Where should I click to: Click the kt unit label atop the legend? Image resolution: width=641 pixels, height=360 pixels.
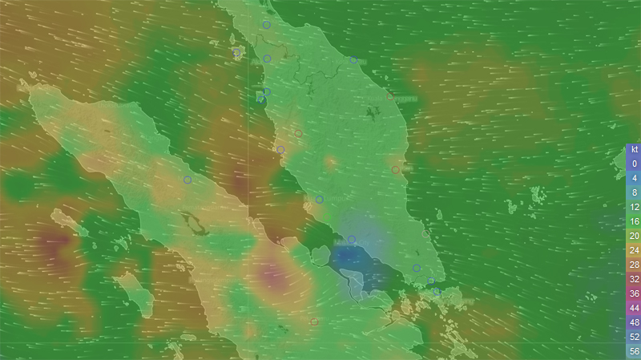(x=634, y=149)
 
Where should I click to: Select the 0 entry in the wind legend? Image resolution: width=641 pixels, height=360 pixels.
(x=634, y=164)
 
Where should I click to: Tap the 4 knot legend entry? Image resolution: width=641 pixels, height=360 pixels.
(x=634, y=178)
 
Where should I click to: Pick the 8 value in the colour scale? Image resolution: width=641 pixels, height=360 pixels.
(x=634, y=192)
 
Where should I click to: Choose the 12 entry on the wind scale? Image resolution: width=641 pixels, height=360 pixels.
(x=634, y=207)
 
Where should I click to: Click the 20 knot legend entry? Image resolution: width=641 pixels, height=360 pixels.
(x=634, y=236)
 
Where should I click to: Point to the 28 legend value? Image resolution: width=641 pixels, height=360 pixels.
(x=634, y=265)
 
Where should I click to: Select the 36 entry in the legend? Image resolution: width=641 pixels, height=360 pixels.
(x=634, y=293)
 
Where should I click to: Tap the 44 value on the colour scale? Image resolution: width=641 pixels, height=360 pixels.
(x=634, y=308)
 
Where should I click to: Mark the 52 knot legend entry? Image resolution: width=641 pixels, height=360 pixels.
(x=634, y=337)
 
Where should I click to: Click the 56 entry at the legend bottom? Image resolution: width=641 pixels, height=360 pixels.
(x=634, y=351)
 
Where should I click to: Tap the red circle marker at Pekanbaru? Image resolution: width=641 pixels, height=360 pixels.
(x=314, y=322)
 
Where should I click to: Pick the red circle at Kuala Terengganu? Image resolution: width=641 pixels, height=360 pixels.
(x=390, y=97)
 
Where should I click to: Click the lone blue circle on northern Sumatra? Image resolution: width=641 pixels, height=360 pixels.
(x=187, y=180)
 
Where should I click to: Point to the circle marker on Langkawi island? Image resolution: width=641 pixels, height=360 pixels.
(x=236, y=55)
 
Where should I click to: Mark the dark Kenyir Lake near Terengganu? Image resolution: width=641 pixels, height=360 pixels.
(x=370, y=112)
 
